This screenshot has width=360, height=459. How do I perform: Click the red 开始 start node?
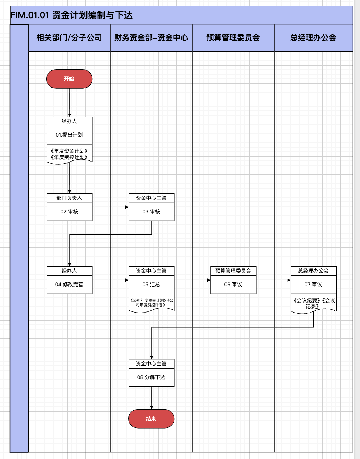[x=69, y=79]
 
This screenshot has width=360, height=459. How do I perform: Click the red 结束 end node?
[x=151, y=419]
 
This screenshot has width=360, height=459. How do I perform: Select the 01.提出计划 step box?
[x=69, y=135]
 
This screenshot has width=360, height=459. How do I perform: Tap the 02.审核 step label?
[x=69, y=212]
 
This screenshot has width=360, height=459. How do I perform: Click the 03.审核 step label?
[x=151, y=212]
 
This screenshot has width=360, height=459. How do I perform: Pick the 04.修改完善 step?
[x=69, y=285]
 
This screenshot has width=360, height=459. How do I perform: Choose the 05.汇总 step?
[x=151, y=285]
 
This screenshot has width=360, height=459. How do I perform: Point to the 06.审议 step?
[x=233, y=285]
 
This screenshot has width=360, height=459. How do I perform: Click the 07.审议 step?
[x=313, y=285]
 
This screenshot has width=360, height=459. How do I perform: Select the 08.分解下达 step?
[x=151, y=377]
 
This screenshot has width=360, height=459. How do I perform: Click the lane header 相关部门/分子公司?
[x=69, y=38]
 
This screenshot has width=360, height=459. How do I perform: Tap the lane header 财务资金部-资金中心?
[x=151, y=38]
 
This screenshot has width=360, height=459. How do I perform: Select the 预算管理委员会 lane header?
[x=233, y=38]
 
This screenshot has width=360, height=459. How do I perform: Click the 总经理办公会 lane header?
[x=313, y=38]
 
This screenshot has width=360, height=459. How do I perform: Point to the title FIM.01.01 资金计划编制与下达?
[x=71, y=15]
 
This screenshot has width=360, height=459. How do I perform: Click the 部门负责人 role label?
[x=69, y=198]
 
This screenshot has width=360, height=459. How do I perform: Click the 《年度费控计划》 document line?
[x=69, y=157]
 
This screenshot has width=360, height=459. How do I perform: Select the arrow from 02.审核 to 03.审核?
[x=110, y=207]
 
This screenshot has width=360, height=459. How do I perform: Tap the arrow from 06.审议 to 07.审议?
[x=273, y=280]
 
